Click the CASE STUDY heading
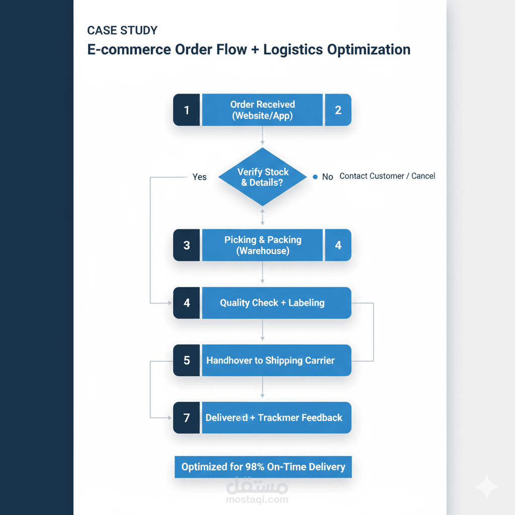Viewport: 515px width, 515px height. coord(122,30)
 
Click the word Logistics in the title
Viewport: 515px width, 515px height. coord(293,50)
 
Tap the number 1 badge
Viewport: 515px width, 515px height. coord(186,110)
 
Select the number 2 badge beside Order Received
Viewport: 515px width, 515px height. coord(338,110)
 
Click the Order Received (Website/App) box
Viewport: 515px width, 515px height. coord(262,110)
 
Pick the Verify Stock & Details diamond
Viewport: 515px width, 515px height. coord(263,177)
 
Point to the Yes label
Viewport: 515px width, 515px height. coord(199,177)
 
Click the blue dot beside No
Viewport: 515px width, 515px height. coord(315,177)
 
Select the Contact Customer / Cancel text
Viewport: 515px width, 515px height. coord(387,176)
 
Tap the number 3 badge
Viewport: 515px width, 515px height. coord(186,245)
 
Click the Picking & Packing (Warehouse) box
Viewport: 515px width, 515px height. coord(262,245)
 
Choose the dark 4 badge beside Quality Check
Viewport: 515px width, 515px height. coord(186,303)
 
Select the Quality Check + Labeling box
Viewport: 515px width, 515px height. coord(277,303)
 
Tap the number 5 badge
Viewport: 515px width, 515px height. coord(186,360)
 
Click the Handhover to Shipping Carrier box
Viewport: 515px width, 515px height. coord(277,360)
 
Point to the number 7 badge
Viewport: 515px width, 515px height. coord(186,417)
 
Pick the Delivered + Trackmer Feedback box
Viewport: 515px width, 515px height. coord(277,417)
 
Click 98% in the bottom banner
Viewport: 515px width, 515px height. coord(255,467)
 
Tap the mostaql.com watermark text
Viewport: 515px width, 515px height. coord(257,500)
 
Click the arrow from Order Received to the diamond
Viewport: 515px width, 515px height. coord(263,135)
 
